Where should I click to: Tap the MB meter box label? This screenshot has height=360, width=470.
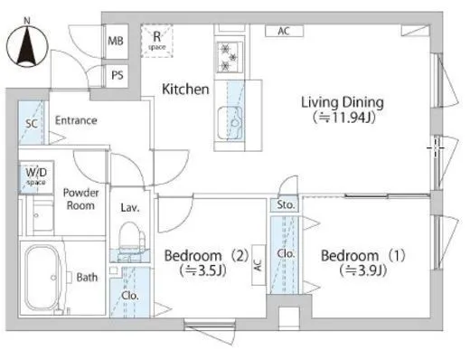pyautogui.click(x=116, y=41)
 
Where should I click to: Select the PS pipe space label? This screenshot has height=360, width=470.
pyautogui.click(x=117, y=75)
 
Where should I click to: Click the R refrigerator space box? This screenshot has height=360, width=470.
pyautogui.click(x=157, y=41)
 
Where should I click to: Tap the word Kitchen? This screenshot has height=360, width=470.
pyautogui.click(x=185, y=90)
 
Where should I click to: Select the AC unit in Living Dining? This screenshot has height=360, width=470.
pyautogui.click(x=284, y=31)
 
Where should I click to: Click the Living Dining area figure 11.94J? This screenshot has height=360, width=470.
pyautogui.click(x=343, y=118)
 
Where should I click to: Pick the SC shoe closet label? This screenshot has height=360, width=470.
pyautogui.click(x=32, y=123)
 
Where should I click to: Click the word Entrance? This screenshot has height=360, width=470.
pyautogui.click(x=76, y=120)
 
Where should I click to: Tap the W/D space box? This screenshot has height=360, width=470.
pyautogui.click(x=36, y=177)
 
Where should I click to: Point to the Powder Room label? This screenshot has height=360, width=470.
pyautogui.click(x=80, y=199)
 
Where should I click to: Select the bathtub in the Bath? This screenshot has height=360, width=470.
pyautogui.click(x=42, y=278)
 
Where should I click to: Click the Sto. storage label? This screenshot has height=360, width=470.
pyautogui.click(x=286, y=205)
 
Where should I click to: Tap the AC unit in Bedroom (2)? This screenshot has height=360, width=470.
pyautogui.click(x=258, y=265)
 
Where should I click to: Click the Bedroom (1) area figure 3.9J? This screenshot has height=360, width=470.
pyautogui.click(x=363, y=270)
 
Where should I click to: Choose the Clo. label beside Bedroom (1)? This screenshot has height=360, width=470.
pyautogui.click(x=286, y=253)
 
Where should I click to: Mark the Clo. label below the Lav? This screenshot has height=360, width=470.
pyautogui.click(x=130, y=296)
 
